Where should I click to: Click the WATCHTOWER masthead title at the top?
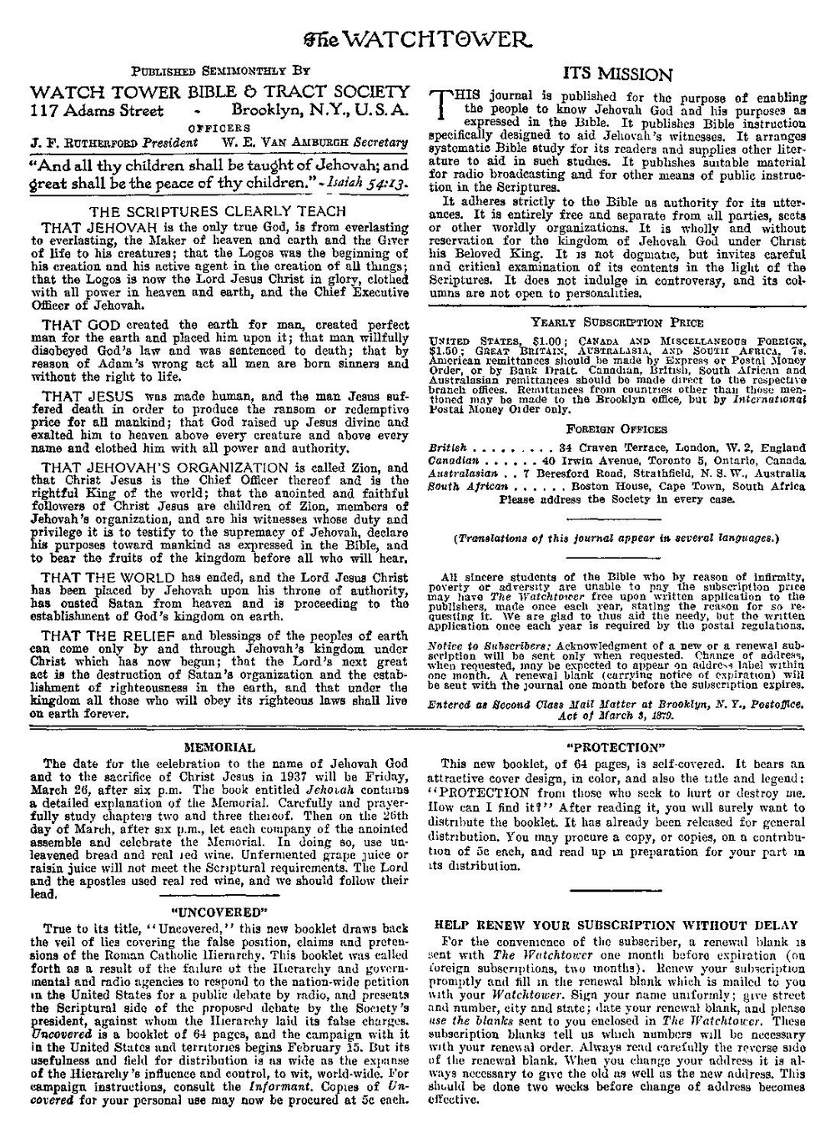[419, 38]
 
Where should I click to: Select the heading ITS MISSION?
[617, 73]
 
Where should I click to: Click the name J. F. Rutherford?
[83, 142]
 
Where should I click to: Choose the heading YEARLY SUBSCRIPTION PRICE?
[616, 322]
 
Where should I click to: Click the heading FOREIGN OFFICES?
[616, 429]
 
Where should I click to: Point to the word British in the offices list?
[447, 448]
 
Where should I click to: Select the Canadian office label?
[453, 460]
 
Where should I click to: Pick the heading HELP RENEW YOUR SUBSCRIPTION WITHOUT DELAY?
[617, 925]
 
